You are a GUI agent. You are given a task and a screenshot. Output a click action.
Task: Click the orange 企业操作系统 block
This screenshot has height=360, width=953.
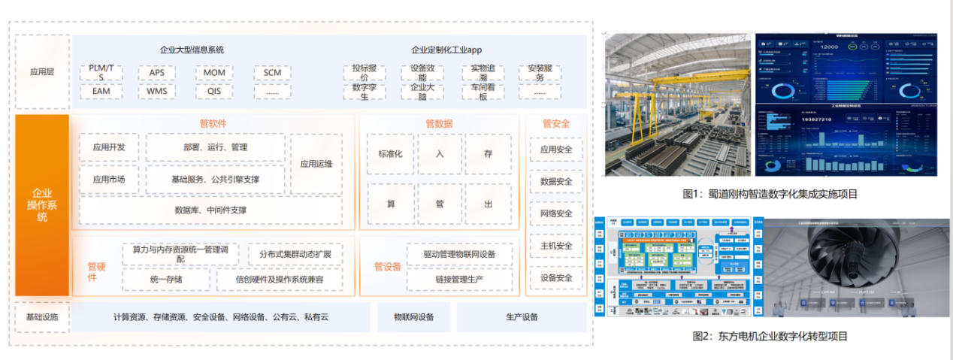coord(42,204)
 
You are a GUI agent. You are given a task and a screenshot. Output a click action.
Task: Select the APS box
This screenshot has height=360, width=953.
coord(157,73)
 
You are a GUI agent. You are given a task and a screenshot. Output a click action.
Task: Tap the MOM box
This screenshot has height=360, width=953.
coord(214,73)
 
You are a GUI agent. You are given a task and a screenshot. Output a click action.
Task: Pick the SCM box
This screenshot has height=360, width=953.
coord(271,73)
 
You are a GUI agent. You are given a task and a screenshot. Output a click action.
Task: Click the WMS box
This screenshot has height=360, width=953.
coord(157,92)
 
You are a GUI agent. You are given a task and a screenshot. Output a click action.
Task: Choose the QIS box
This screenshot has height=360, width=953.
coord(214,92)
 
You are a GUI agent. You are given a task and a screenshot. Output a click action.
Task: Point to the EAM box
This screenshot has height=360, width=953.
coord(101,92)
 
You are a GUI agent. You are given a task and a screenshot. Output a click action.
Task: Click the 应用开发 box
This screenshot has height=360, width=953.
coord(108,147)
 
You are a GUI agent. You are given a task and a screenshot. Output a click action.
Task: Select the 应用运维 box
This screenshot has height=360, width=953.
coord(316,164)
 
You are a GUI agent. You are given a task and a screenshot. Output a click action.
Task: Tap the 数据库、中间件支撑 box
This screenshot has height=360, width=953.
coord(210,210)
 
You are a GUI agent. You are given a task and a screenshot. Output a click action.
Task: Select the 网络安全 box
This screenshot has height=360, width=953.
coord(556,214)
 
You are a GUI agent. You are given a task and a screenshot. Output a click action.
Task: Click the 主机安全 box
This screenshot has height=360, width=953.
coord(556,246)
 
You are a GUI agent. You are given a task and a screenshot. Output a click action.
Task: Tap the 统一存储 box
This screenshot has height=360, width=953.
coord(166,280)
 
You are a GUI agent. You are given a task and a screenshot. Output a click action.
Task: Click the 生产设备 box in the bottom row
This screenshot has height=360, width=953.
coord(522,317)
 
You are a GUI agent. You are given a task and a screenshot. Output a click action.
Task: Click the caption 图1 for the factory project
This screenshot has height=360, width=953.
coord(770,194)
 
